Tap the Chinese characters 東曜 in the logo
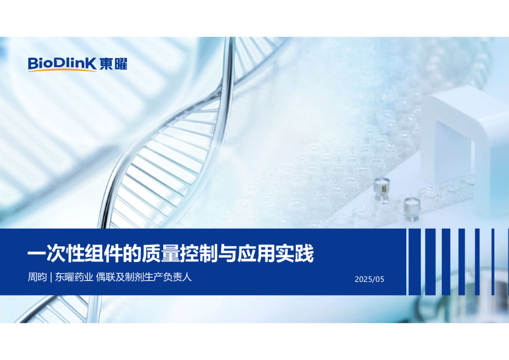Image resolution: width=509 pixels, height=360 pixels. [x=114, y=64]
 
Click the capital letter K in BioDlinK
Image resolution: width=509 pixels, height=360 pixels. [x=92, y=64]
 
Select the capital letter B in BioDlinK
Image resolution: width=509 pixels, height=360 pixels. [x=33, y=64]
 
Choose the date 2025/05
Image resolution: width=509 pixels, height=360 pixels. [x=369, y=280]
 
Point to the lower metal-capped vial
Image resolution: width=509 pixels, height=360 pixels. [x=411, y=207]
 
